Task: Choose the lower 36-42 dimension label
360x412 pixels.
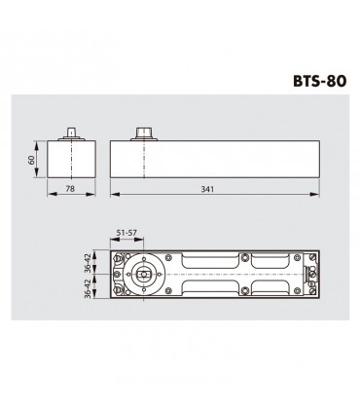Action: (88, 292)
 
